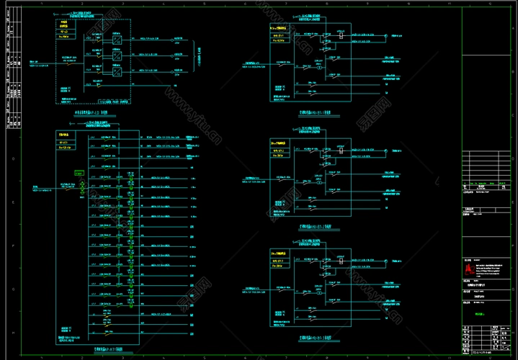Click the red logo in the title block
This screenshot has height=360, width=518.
(x=469, y=267)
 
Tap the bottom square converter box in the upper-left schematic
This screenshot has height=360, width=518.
(x=116, y=71)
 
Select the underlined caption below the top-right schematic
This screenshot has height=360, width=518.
(x=310, y=113)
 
